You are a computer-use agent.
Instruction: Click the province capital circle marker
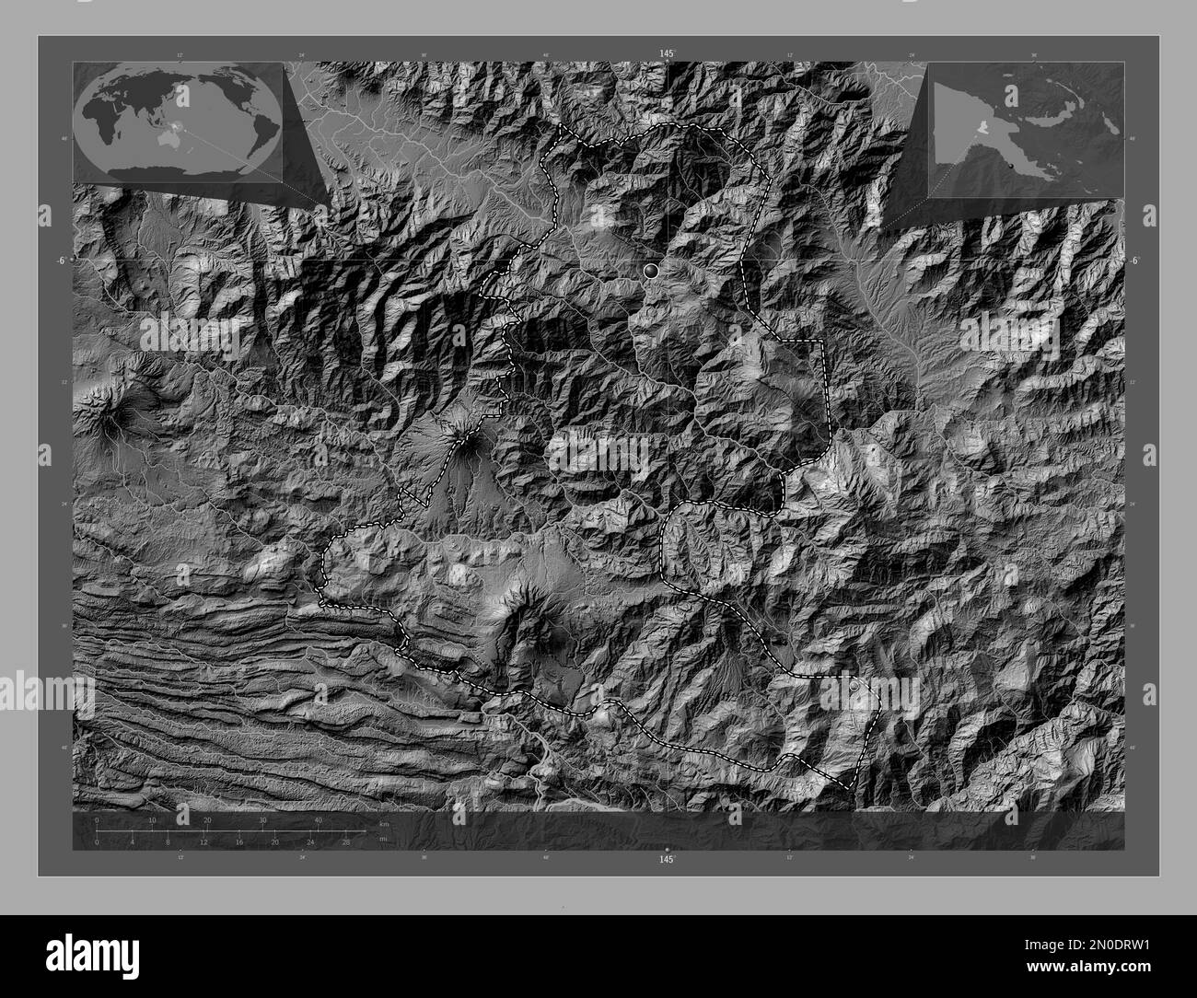pos(652,271)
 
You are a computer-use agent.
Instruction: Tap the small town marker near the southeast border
pos(854,686)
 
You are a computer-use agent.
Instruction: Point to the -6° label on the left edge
pos(60,261)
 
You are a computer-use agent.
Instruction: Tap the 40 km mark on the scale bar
pos(319,819)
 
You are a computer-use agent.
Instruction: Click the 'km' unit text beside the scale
pos(383,823)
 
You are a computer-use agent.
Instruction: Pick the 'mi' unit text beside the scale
pos(383,839)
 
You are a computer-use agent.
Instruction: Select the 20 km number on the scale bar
pos(208,819)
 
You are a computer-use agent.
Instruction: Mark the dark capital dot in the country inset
pos(1011,164)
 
